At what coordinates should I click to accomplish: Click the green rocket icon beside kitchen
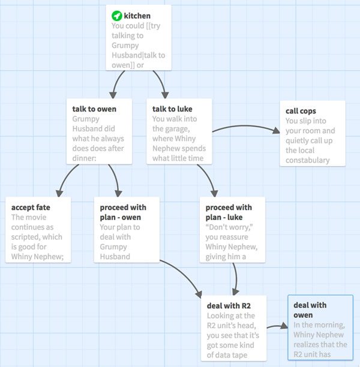click(x=116, y=16)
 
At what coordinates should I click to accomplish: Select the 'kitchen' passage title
click(x=137, y=16)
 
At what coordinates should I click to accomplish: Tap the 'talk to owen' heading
click(x=94, y=109)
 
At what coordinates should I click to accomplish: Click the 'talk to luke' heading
click(x=172, y=109)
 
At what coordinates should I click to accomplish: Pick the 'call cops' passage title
click(x=301, y=111)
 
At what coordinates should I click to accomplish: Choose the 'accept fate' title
click(x=31, y=207)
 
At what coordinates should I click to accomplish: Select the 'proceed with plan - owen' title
click(x=123, y=212)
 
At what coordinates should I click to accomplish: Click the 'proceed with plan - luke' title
click(x=229, y=212)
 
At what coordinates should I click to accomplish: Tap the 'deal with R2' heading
click(x=229, y=306)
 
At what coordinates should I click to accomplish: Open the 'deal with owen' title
click(x=310, y=310)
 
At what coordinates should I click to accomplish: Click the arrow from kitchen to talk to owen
click(x=116, y=83)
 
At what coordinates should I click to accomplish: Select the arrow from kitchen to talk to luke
click(x=161, y=83)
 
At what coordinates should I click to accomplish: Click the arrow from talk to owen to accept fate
click(x=67, y=179)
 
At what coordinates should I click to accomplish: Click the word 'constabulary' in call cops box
click(x=308, y=160)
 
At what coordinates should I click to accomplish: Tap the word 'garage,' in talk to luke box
click(x=171, y=129)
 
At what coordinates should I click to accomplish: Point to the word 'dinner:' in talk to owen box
click(x=85, y=158)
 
